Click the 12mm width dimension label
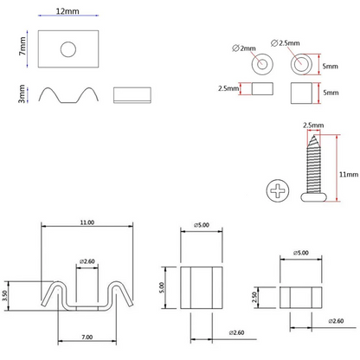(x=67, y=11)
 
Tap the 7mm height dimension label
(x=22, y=46)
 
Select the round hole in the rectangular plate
(x=68, y=49)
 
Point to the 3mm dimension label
(x=22, y=93)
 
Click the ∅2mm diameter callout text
(x=244, y=48)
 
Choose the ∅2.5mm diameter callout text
(x=286, y=43)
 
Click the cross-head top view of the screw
(x=278, y=190)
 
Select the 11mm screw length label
(x=349, y=175)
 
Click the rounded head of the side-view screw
(x=313, y=197)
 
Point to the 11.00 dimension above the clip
(x=87, y=222)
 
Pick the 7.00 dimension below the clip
(x=87, y=337)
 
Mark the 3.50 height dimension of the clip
(x=5, y=296)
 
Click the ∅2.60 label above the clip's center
(x=87, y=261)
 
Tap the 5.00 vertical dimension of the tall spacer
(x=162, y=287)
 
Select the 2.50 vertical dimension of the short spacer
(x=254, y=297)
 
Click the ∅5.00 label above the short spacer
(x=301, y=253)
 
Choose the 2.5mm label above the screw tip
(x=313, y=125)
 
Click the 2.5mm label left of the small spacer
(x=228, y=88)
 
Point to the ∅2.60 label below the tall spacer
(x=236, y=332)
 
